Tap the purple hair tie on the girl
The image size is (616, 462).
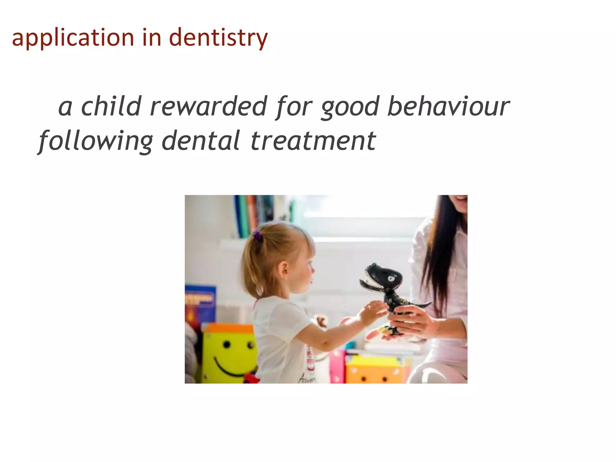pyautogui.click(x=257, y=235)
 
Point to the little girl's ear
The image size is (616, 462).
pyautogui.click(x=284, y=269)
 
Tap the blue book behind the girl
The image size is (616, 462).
pyautogui.click(x=200, y=304)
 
